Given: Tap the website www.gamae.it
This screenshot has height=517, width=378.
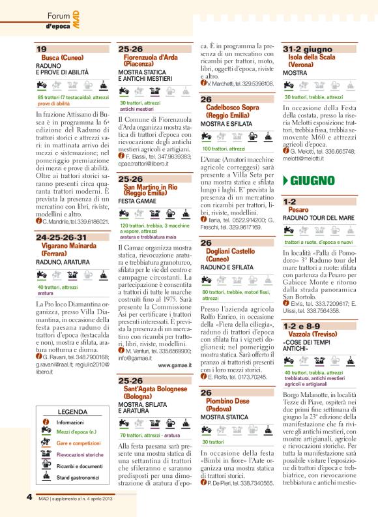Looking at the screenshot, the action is pos(172,365).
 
